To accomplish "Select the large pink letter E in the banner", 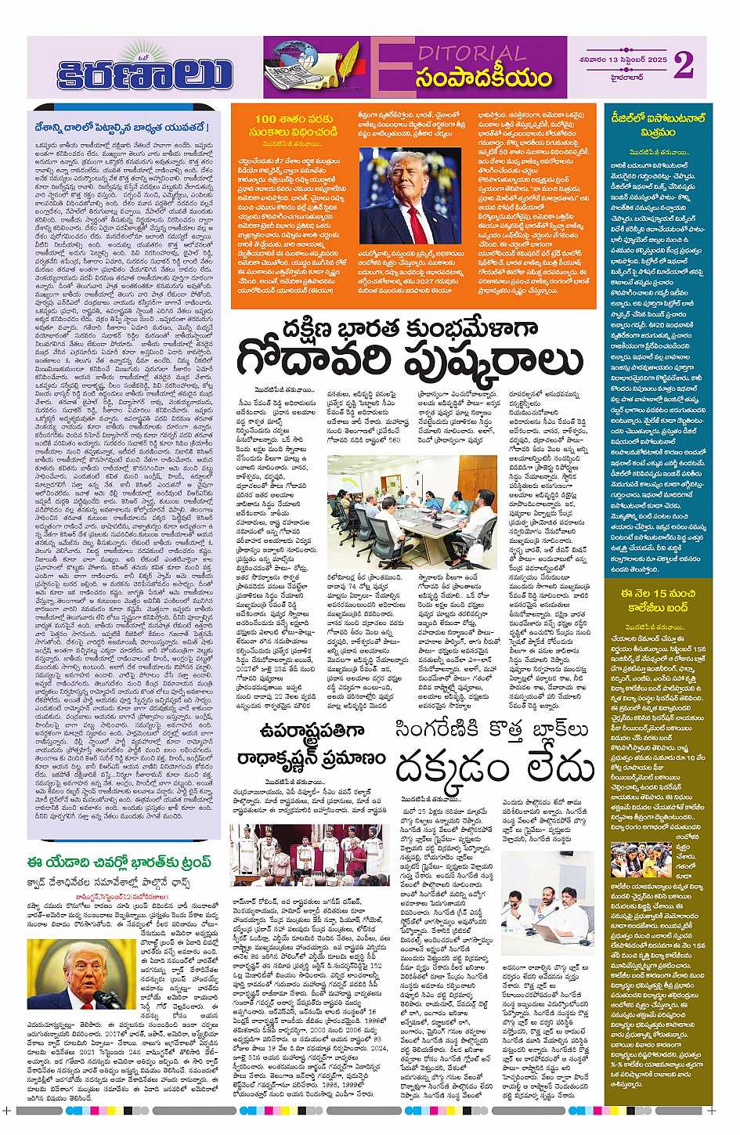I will (x=396, y=68).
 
